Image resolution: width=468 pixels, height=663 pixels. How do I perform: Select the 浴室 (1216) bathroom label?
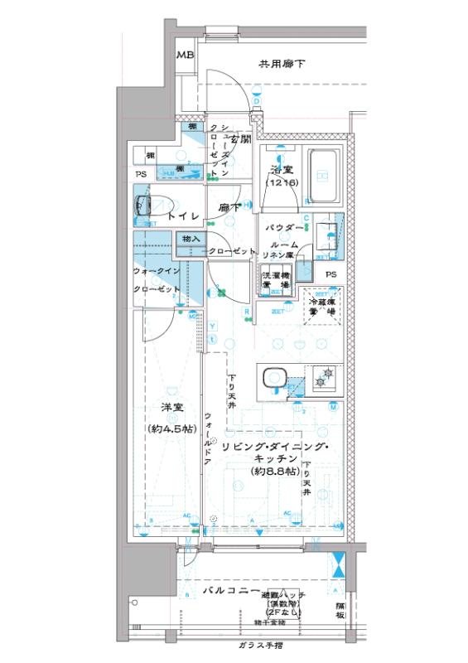click(282, 176)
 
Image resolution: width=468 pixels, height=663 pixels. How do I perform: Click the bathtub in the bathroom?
click(324, 176)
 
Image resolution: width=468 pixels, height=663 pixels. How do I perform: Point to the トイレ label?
click(182, 215)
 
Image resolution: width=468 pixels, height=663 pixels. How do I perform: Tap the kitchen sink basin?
click(273, 379)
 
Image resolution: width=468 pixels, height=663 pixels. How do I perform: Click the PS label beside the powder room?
click(330, 275)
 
